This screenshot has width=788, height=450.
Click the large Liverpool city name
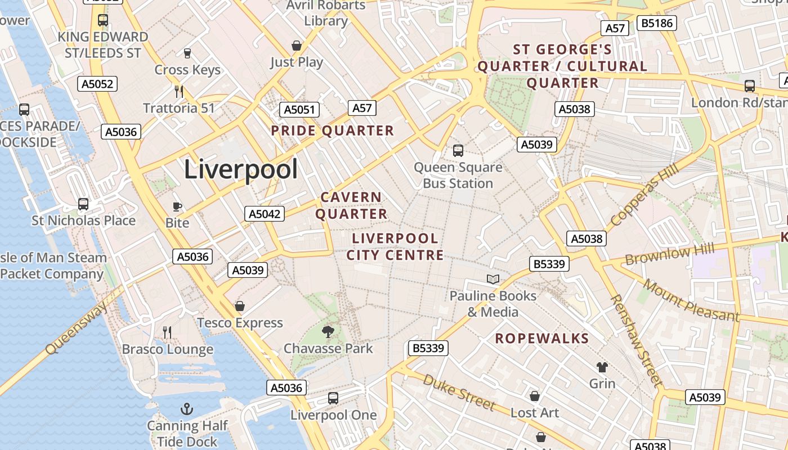[241, 169]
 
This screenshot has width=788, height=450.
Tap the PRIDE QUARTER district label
[332, 131]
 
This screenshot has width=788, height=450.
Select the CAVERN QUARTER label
[351, 206]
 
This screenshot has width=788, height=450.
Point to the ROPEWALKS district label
[542, 339]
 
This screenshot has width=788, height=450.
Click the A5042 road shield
[265, 214]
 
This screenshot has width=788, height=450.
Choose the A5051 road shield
[299, 110]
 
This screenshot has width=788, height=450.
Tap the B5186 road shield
[656, 23]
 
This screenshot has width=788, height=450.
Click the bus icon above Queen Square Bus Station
[458, 151]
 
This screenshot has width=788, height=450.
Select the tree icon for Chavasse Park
[328, 332]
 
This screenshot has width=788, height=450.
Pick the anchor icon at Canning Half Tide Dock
[186, 409]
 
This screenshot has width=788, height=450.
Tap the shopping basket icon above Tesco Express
[240, 306]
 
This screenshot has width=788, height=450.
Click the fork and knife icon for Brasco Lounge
[167, 332]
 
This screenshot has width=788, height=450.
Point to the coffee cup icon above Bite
[177, 206]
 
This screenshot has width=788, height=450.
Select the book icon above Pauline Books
[493, 279]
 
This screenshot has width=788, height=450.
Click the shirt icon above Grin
[602, 367]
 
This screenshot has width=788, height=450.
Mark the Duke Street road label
[459, 393]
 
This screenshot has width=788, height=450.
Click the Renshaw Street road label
[635, 340]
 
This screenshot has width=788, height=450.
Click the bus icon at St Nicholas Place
[83, 204]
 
